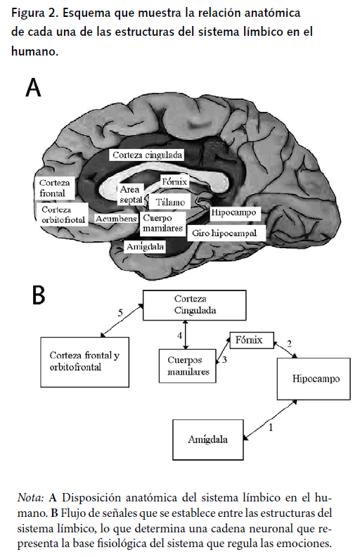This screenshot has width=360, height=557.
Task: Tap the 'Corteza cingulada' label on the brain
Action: click(148, 154)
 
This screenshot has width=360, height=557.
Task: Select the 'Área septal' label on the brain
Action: click(131, 195)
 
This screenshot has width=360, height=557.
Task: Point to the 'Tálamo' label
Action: click(170, 202)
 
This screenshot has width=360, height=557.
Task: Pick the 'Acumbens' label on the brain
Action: click(116, 219)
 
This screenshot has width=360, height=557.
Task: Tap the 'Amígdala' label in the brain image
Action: click(145, 247)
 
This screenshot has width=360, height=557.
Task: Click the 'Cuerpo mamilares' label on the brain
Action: click(162, 224)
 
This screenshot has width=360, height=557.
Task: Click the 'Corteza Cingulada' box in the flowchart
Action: click(195, 304)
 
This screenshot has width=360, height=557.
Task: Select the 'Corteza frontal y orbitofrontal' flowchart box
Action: click(85, 361)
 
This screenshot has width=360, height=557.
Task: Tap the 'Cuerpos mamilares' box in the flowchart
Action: click(184, 366)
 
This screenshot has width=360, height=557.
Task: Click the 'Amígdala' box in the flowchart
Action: click(209, 440)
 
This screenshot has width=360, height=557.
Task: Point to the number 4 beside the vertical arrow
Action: click(180, 336)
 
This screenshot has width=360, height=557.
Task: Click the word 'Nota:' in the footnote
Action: click(31, 498)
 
